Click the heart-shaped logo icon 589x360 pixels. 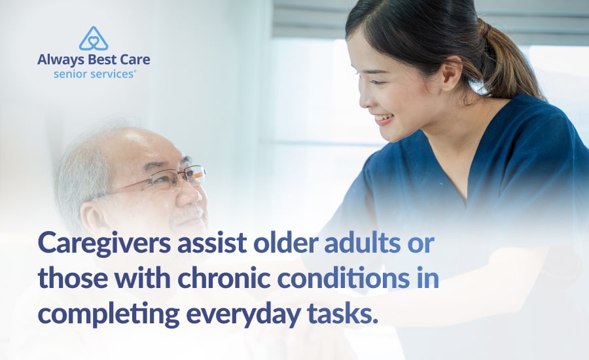(x=94, y=39)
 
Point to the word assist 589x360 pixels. (x=211, y=243)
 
